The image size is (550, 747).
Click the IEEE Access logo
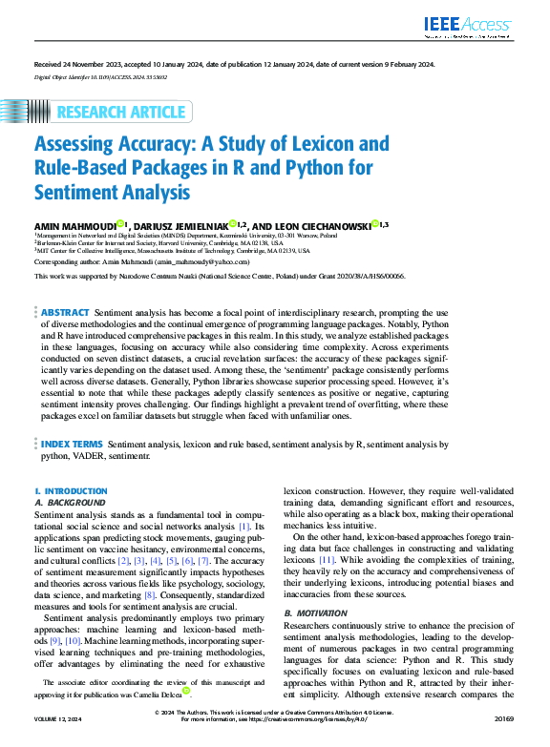tap(472, 27)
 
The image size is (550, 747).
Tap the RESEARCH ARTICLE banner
tap(121, 113)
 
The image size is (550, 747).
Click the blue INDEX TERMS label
tap(72, 445)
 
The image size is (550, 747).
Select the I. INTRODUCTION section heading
tap(71, 490)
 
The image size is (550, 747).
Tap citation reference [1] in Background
tap(244, 526)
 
